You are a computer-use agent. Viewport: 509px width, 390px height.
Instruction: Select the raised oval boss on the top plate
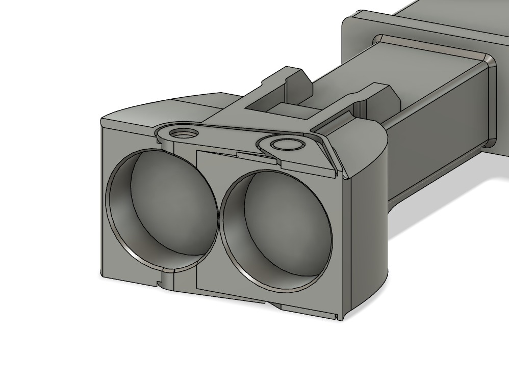pos(287,144)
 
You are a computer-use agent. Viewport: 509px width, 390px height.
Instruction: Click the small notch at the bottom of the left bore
pos(167,278)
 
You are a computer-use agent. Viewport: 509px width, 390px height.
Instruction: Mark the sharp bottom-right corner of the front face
pos(340,319)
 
